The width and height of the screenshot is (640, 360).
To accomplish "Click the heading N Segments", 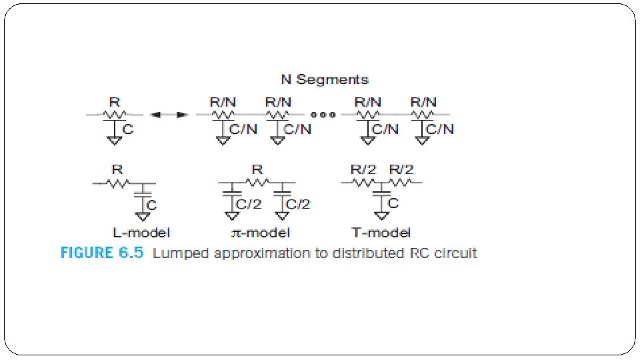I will coord(324,79).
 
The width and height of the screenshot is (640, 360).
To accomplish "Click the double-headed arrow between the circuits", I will coord(167,115).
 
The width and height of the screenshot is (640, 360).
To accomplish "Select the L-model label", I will coord(140,233).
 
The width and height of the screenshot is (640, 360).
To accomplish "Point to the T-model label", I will coord(381,233).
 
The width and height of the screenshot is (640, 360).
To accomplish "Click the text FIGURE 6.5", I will coord(101,253).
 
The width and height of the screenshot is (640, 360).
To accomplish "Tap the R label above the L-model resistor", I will coord(117,170).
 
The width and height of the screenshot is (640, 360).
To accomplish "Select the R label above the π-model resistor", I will coord(257,170).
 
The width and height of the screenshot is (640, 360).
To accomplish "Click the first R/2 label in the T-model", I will coord(364,170).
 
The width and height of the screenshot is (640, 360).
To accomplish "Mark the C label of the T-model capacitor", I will coord(393,203).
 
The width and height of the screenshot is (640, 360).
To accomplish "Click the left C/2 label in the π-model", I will coord(250,204).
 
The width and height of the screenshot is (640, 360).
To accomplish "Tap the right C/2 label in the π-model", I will coord(298,204).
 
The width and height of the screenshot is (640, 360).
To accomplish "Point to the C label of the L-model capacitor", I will coord(152,205).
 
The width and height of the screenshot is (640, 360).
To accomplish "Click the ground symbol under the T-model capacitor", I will coord(381,216).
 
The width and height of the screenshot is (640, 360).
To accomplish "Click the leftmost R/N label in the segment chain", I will coord(222,103).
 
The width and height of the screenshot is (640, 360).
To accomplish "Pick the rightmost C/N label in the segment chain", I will coord(440,129).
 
